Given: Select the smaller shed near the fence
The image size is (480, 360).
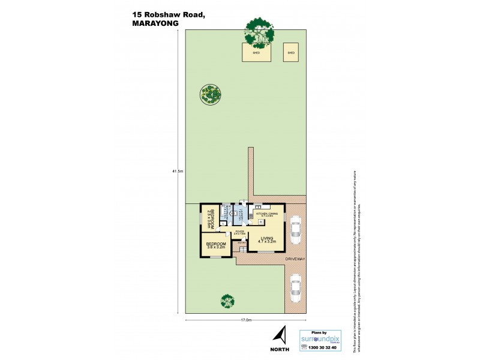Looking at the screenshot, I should [x=291, y=52].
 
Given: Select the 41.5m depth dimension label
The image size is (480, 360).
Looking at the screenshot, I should [x=177, y=172].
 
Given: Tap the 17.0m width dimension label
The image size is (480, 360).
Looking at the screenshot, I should [x=245, y=320].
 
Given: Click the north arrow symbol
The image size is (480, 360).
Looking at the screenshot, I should [x=279, y=335].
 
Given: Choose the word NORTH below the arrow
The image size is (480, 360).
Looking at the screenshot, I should [x=280, y=349].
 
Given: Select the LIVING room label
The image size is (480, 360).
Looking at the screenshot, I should [x=266, y=238].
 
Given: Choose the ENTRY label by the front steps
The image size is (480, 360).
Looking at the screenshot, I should [x=242, y=242].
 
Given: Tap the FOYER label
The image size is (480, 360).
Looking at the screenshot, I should [x=239, y=230].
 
